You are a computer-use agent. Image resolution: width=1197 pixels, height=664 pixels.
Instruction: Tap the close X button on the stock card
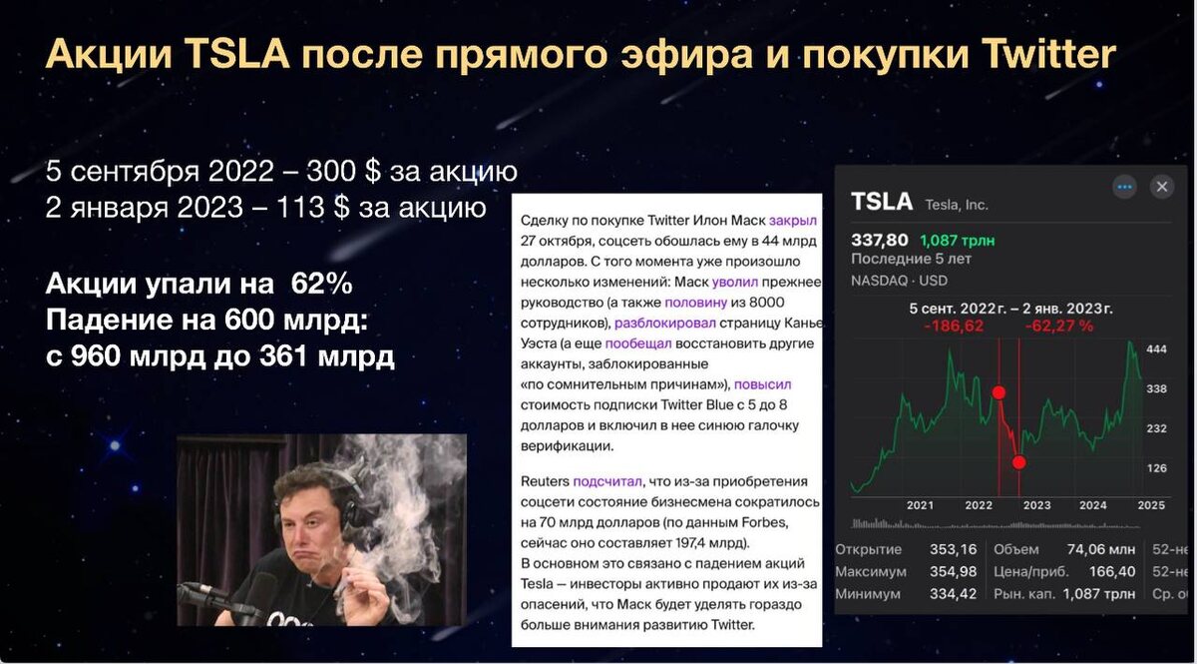coord(1161,187)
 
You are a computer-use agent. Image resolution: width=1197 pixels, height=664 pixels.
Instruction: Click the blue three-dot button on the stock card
coord(1125,187)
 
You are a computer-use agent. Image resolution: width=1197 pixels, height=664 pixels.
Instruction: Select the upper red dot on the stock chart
coord(998,392)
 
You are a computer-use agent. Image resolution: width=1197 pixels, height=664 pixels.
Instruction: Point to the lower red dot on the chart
coord(1018,461)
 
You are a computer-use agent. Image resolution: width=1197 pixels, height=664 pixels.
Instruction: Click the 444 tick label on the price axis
coord(1157,349)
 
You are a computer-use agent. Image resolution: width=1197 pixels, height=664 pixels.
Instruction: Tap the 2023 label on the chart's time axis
coord(1036,505)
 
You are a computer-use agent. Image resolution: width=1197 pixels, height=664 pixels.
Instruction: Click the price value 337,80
coord(879,240)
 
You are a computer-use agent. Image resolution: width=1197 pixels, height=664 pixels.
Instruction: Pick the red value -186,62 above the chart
coord(954,326)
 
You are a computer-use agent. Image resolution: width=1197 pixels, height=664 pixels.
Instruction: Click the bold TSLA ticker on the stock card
coord(882,202)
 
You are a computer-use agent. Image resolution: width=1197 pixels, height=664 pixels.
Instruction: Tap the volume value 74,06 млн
coord(1101,549)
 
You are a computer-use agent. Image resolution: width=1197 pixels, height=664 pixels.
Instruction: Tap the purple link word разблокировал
coord(663,323)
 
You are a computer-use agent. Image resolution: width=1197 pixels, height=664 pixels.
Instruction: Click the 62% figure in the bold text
coord(321,285)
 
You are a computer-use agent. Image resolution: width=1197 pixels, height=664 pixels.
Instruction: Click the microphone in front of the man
coord(214,598)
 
